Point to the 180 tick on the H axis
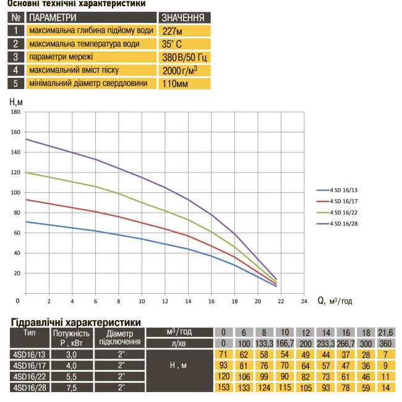17,112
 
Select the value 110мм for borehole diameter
175,83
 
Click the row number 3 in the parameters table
15,57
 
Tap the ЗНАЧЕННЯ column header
183,17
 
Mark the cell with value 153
223,387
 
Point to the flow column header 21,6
385,332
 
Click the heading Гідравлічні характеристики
76,322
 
